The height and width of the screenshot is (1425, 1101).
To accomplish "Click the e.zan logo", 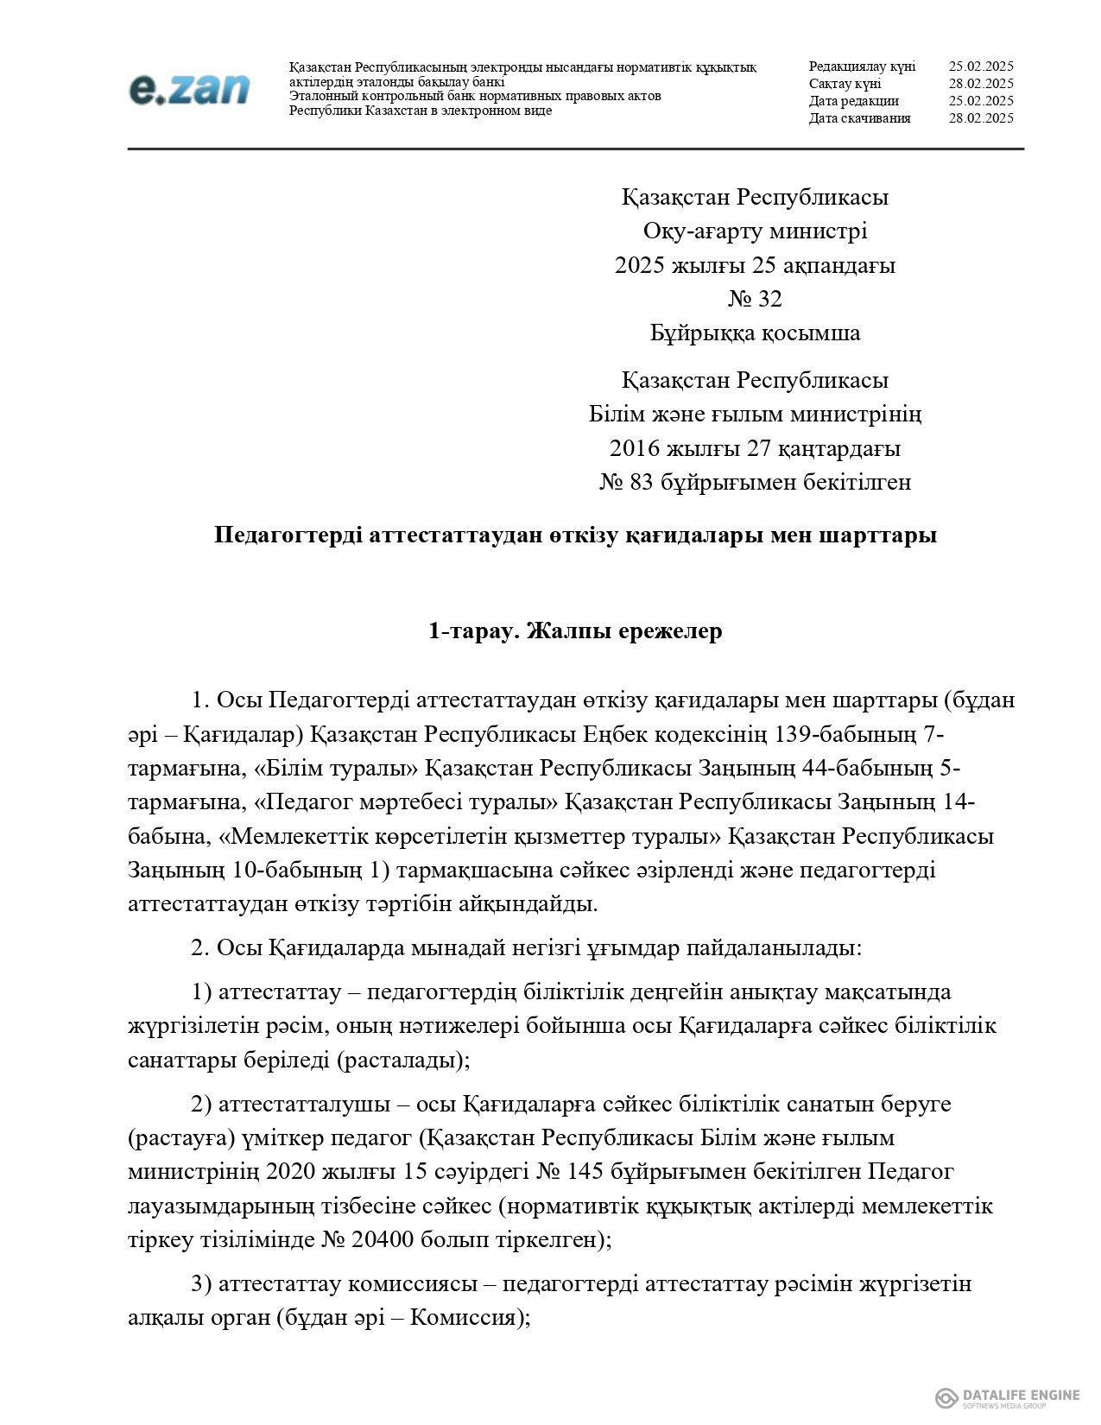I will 189,89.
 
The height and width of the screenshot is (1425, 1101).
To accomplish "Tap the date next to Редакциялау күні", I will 980,66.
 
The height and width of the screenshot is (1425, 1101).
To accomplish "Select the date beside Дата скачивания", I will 980,118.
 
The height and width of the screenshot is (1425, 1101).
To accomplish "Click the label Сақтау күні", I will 845,84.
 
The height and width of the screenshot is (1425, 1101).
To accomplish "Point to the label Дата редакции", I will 853,101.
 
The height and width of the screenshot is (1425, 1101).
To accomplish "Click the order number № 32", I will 755,299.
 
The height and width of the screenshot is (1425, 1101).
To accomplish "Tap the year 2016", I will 635,449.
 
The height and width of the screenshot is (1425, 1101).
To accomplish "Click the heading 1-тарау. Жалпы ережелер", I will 575,631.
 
